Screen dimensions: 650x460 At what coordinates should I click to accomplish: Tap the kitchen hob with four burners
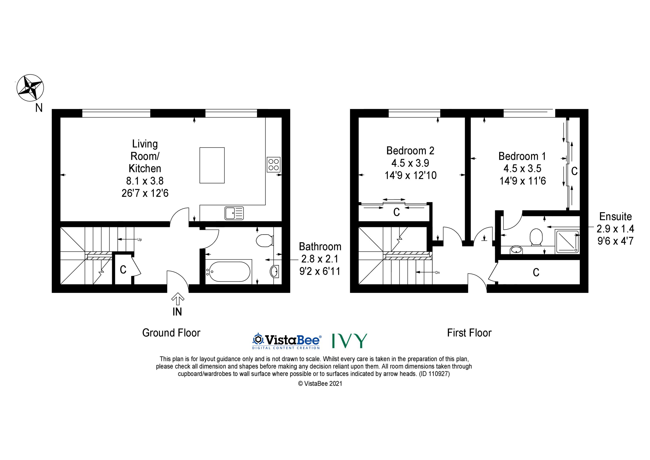(273, 164)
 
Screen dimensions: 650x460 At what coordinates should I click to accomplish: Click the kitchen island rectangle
(212, 165)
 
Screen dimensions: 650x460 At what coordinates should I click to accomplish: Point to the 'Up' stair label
(139, 239)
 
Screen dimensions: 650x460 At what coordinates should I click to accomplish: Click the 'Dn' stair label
(437, 273)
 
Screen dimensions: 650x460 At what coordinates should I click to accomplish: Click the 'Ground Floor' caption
(171, 333)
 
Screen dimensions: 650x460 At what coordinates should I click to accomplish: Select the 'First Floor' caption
(469, 333)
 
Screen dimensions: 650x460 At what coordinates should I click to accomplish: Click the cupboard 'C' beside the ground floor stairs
(123, 270)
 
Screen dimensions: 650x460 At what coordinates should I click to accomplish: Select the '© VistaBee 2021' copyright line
(320, 384)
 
